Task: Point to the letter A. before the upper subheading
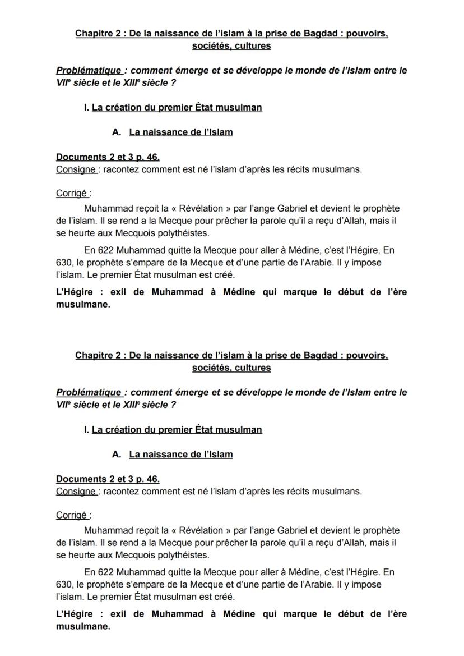pos(117,132)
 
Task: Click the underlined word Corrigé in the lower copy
pos(72,515)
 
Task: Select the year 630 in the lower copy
pos(64,585)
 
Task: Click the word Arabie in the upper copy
pos(350,263)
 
